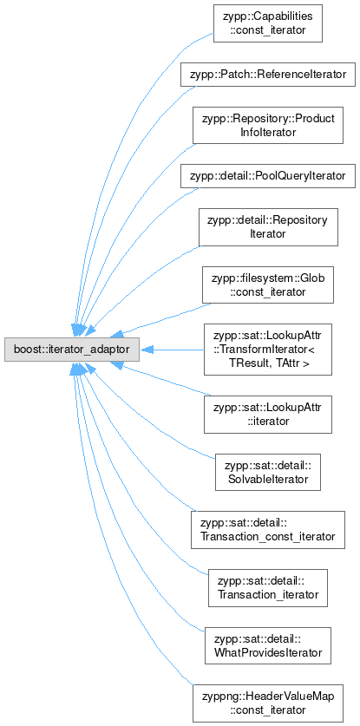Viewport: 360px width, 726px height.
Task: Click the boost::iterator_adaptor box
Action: [72, 350]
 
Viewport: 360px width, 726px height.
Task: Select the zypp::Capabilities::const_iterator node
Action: [268, 23]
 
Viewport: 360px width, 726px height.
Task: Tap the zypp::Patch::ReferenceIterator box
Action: [268, 74]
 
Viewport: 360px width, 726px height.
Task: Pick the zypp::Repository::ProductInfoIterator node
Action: [268, 125]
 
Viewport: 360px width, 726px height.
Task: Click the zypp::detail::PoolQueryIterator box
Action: [268, 176]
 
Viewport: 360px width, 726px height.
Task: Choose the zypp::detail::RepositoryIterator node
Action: [268, 227]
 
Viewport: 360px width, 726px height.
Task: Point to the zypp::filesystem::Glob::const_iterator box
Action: [268, 285]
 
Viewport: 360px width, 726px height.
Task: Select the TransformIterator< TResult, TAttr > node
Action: [268, 350]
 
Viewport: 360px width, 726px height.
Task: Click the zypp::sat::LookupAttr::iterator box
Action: [268, 415]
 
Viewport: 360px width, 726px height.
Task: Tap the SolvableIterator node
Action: [268, 472]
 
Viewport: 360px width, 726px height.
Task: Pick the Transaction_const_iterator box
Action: [268, 530]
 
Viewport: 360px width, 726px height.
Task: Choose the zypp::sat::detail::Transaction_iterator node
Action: [268, 588]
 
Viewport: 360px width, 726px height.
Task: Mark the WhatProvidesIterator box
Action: [268, 646]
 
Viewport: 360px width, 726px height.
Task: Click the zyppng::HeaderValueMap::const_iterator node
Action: [268, 703]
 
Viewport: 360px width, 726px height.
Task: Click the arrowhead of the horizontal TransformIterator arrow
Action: [147, 350]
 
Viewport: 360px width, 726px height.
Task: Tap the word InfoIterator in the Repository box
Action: [268, 132]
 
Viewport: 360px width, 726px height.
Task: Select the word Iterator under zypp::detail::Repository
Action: [268, 234]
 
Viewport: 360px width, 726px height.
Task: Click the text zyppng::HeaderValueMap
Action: [268, 697]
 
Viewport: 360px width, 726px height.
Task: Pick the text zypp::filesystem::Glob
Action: [268, 278]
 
